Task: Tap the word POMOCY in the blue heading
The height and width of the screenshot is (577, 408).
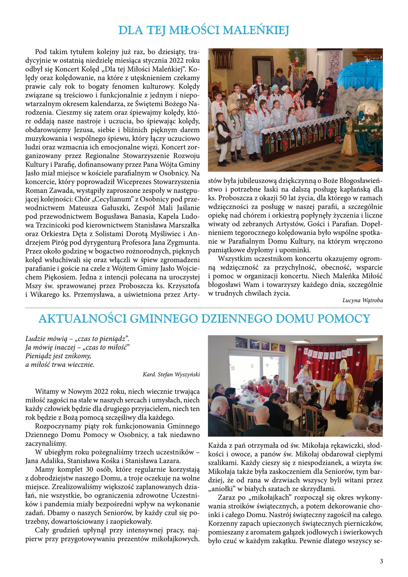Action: (343, 319)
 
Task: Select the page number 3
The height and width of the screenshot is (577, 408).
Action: (381, 561)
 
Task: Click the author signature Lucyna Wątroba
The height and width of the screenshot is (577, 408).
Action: (362, 300)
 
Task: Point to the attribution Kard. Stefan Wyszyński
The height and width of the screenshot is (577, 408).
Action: (171, 374)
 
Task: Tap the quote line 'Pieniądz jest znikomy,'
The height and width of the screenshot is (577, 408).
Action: (58, 356)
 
